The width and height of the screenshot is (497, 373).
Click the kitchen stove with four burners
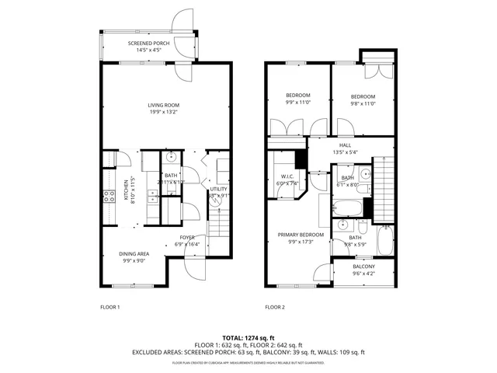click(109, 197)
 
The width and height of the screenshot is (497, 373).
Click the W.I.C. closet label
click(287, 177)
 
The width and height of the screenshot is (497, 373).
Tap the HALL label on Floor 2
click(344, 145)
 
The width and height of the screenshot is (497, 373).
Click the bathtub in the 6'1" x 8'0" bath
click(348, 209)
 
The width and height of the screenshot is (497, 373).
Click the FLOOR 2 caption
click(274, 307)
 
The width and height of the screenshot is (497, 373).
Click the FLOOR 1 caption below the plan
click(109, 307)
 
